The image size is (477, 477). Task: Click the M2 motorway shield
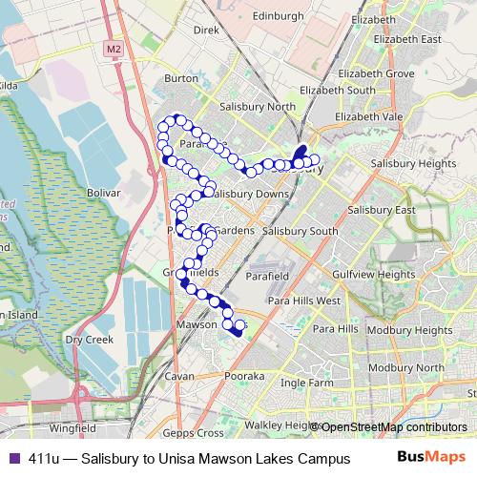tap(114, 49)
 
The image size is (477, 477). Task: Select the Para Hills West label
tap(303, 301)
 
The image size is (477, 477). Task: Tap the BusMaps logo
tap(430, 457)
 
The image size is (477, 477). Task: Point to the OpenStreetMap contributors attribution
tap(392, 426)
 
